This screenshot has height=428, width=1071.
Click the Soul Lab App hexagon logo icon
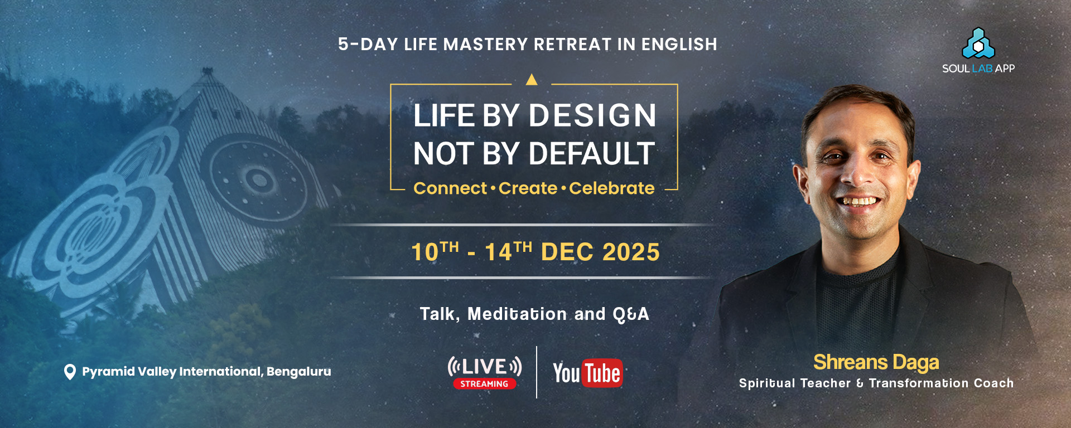pyautogui.click(x=978, y=43)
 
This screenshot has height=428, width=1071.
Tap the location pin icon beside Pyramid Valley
pyautogui.click(x=70, y=372)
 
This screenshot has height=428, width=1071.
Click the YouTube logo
pyautogui.click(x=587, y=373)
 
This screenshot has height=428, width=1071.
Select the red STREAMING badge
pyautogui.click(x=484, y=384)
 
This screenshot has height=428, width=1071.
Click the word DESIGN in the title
pyautogui.click(x=592, y=115)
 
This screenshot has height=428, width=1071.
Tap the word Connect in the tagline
pyautogui.click(x=450, y=188)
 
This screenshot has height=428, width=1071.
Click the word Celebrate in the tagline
pyautogui.click(x=612, y=188)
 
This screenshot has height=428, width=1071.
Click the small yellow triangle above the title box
pyautogui.click(x=532, y=80)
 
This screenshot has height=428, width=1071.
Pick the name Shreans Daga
pyautogui.click(x=876, y=362)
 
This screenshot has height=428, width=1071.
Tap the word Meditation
pyautogui.click(x=517, y=314)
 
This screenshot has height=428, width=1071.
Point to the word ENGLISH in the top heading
pyautogui.click(x=679, y=45)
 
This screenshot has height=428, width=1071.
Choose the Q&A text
pyautogui.click(x=631, y=314)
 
